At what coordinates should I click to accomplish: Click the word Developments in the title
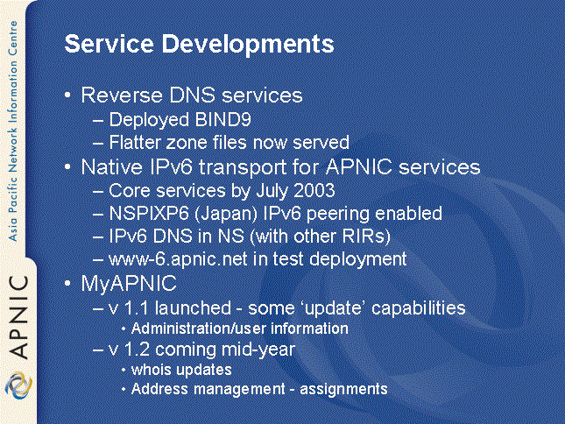coord(248,45)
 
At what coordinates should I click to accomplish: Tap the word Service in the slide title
coord(109,44)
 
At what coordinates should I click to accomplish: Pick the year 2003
coord(314,190)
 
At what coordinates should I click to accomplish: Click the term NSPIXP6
coord(149,213)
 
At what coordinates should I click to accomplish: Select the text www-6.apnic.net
coord(178,259)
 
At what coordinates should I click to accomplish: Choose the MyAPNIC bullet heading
coord(129,284)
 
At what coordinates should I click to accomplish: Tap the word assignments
coord(343,390)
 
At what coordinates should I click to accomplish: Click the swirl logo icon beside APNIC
coord(18,385)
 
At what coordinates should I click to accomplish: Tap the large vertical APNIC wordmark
coord(18,317)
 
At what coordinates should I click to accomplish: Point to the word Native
coord(111,167)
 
